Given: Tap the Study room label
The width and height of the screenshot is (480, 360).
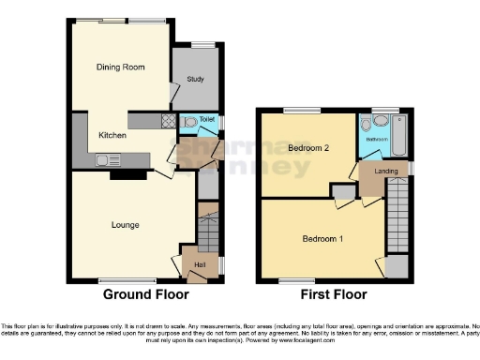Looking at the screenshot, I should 196,79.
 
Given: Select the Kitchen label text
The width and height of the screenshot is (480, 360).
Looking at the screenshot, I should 113,135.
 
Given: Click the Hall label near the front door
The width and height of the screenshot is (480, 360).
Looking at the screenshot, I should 200,265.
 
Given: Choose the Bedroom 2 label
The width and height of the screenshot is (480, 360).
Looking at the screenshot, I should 307,149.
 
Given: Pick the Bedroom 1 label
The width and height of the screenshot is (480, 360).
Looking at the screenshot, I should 322,238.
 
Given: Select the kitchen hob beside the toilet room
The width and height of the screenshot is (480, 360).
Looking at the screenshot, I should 168,120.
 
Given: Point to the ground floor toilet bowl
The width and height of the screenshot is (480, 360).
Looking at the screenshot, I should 190,122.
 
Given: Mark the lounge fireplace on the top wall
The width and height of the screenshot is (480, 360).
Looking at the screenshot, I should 122,173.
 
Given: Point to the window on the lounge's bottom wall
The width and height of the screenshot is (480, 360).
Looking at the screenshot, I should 127,279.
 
